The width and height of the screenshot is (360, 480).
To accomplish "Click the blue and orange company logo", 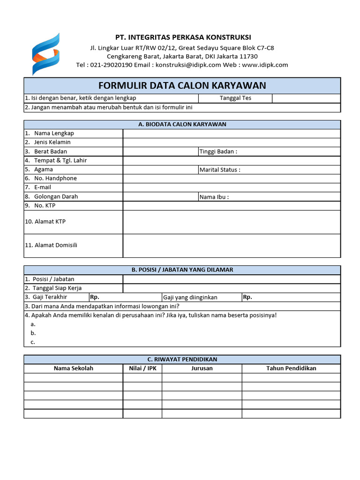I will click(x=45, y=54).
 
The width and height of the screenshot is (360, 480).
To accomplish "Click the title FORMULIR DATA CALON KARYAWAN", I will click(x=182, y=85).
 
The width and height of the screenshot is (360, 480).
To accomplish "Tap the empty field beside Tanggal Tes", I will click(x=306, y=98).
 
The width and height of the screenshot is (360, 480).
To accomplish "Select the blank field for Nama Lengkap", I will click(x=232, y=133).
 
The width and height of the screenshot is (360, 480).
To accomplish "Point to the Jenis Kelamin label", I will click(x=52, y=142).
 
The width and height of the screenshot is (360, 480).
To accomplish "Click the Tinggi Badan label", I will click(x=218, y=151).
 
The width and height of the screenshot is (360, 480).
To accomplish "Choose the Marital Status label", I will click(x=220, y=170).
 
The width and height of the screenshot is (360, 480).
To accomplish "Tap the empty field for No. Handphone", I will click(x=232, y=178).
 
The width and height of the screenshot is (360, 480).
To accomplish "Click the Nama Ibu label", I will click(x=214, y=197).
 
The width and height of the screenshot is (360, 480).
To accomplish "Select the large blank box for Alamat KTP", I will click(x=232, y=222).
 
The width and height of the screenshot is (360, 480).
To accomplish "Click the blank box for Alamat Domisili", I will click(x=232, y=246).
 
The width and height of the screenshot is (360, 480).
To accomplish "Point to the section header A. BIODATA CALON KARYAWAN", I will click(x=182, y=124).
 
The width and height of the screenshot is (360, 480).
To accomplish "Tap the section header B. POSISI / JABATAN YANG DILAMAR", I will click(x=182, y=270).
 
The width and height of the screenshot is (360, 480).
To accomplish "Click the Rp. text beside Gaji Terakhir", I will click(x=95, y=297).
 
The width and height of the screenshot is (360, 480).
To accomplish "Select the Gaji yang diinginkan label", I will click(x=190, y=297).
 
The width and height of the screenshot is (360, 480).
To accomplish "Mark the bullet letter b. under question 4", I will click(x=33, y=333).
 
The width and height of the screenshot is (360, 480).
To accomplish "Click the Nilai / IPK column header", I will click(x=142, y=368).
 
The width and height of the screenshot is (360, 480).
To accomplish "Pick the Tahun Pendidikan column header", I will click(x=291, y=368).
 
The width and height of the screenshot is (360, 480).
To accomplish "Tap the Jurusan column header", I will click(x=202, y=368).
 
